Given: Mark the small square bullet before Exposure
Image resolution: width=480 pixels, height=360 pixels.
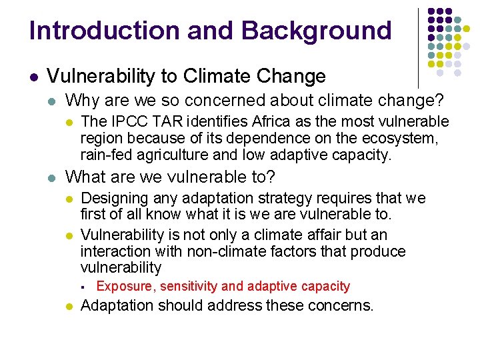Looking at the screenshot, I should [x=81, y=287].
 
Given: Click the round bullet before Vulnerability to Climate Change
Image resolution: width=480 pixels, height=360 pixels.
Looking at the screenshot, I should [x=33, y=77].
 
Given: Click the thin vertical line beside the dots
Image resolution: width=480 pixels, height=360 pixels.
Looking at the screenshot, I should [x=417, y=47].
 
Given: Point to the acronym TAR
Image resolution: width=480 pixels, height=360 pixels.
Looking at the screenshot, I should [x=161, y=122].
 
